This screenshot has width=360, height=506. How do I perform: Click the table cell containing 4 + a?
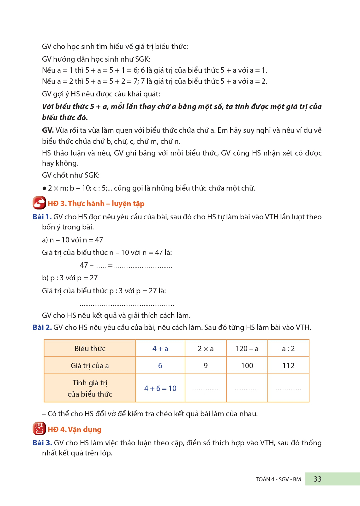160,349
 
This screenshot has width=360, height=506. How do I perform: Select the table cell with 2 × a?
206,349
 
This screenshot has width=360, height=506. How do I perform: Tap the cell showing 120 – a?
247,349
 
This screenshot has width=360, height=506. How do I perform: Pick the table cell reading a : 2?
288,349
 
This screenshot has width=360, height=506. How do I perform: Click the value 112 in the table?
288,366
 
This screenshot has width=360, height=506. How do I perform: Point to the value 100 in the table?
247,366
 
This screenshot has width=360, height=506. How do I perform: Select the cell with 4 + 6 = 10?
160,388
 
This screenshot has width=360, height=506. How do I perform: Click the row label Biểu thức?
90,349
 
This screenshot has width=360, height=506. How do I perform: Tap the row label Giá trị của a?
90,366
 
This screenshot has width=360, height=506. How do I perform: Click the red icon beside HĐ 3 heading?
39,203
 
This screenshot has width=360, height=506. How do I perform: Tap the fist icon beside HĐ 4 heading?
39,429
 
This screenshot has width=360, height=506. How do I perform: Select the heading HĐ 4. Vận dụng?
75,430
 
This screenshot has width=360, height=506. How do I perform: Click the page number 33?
317,479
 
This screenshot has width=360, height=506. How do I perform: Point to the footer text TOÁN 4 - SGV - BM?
278,479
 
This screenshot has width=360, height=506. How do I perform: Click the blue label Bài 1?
42,217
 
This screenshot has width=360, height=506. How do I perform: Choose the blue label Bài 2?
42,327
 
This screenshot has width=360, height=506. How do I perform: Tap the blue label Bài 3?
42,443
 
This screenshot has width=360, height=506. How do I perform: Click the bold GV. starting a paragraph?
48,130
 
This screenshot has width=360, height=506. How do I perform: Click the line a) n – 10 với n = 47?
73,240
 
